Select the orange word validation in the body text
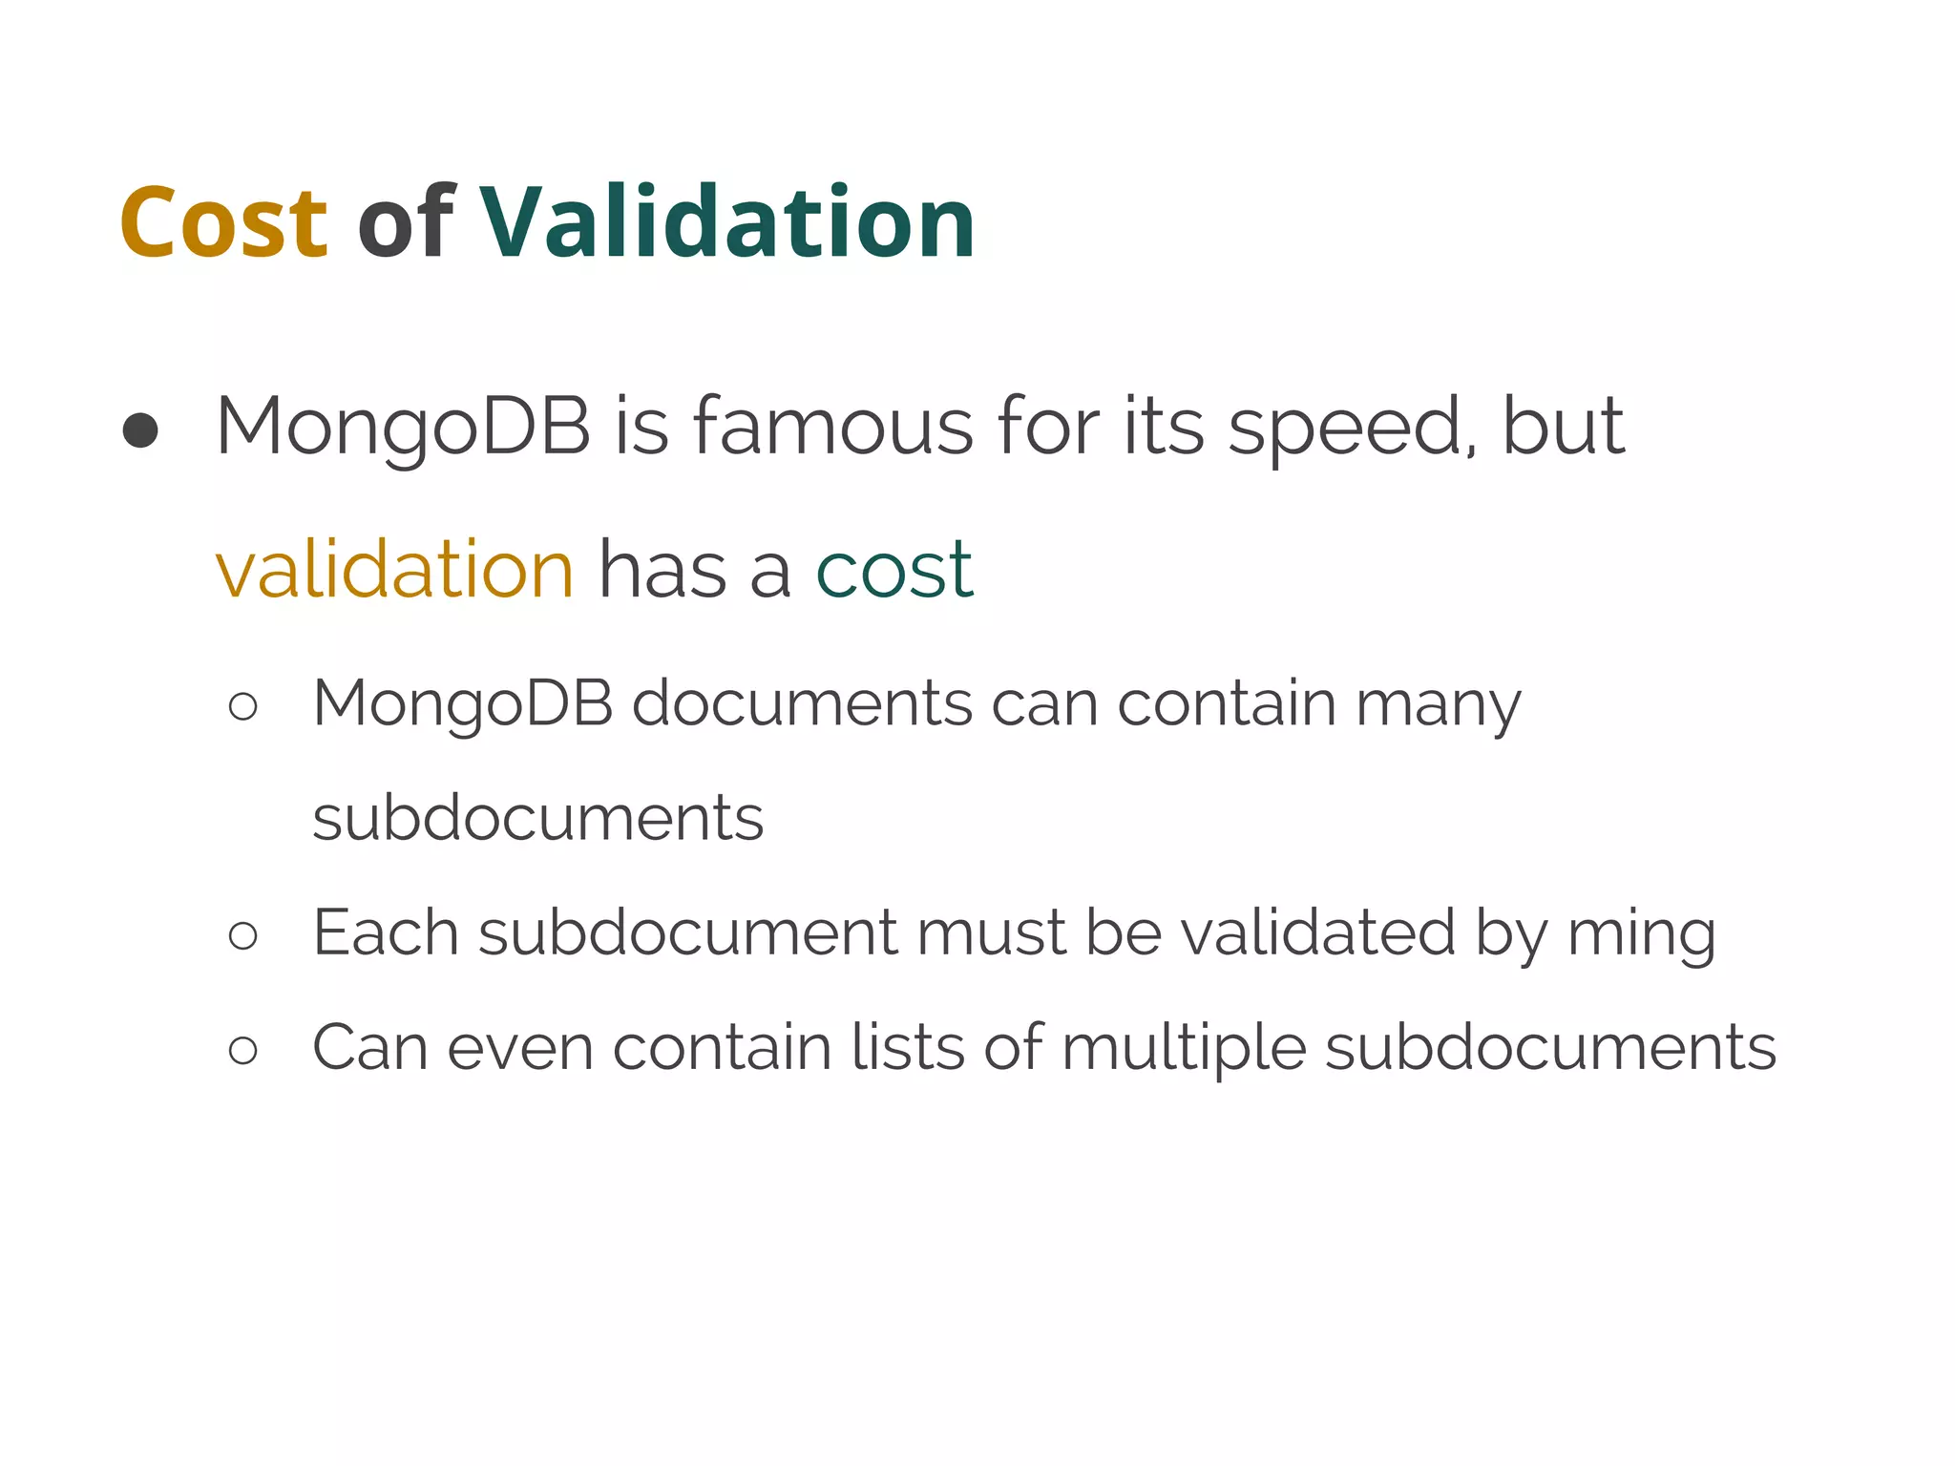click(x=394, y=570)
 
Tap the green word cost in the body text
click(x=894, y=572)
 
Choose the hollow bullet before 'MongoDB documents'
click(x=243, y=707)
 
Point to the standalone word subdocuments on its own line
click(x=538, y=818)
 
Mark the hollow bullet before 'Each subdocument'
click(x=243, y=935)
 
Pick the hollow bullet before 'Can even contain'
click(x=243, y=1051)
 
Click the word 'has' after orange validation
click(x=662, y=570)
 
